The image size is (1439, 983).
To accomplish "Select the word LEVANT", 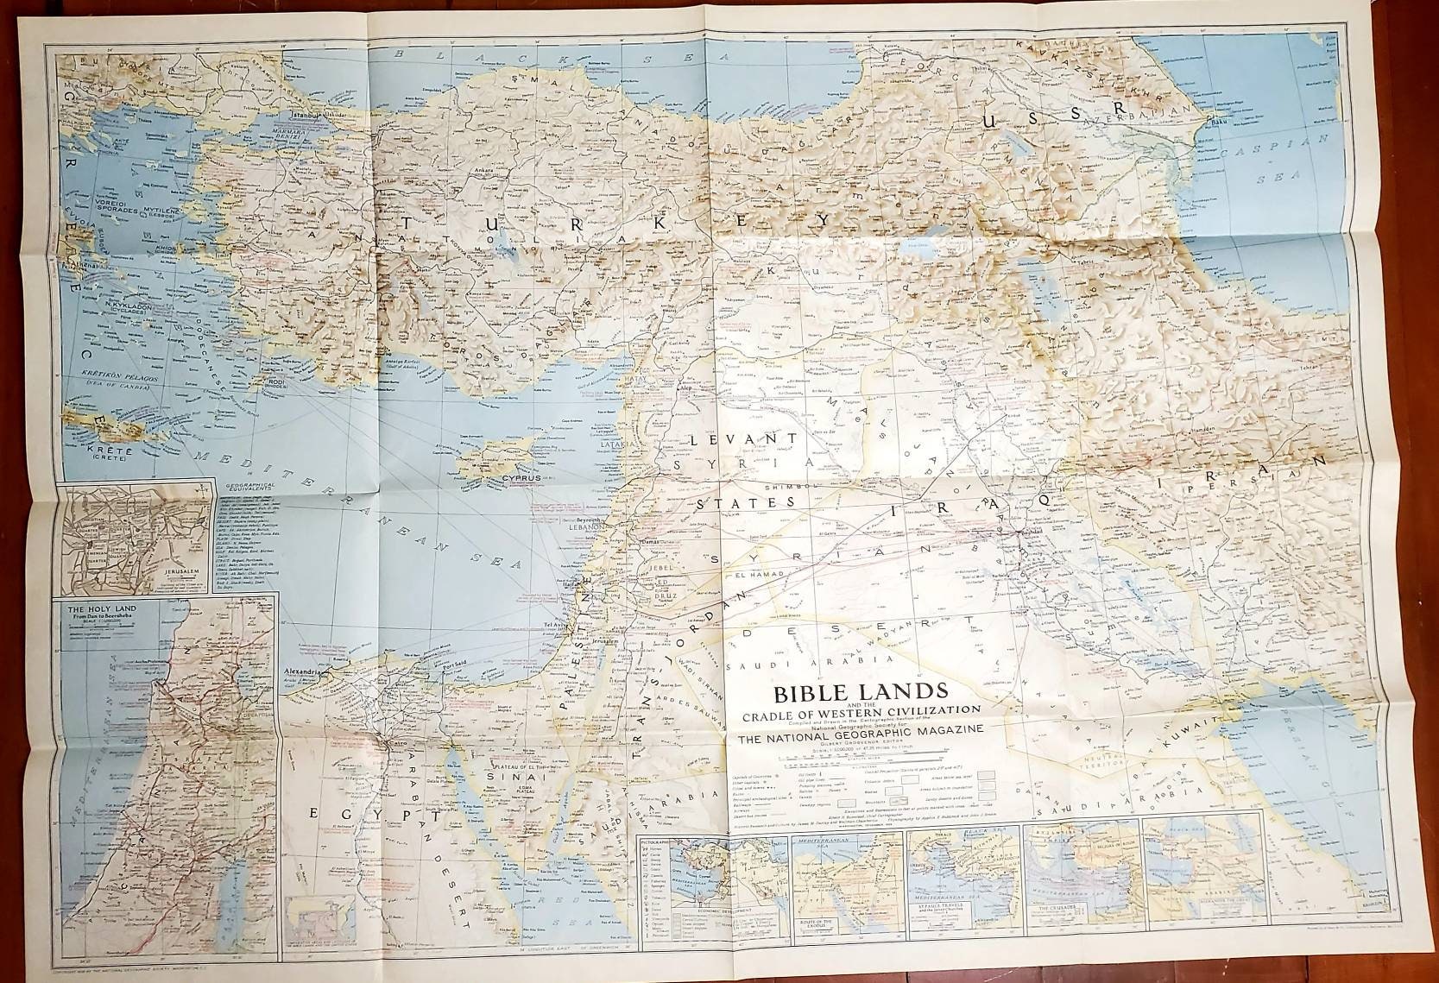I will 737,439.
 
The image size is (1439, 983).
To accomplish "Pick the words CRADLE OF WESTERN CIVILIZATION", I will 855,710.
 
